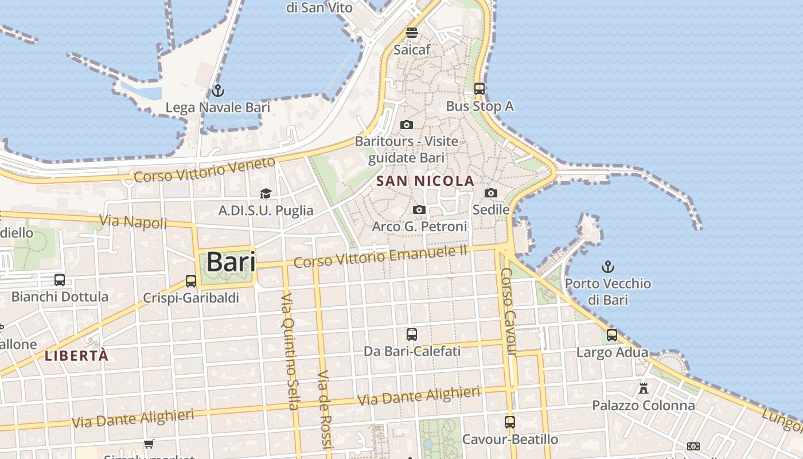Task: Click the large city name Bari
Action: pos(231,262)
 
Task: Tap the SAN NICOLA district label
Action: pos(425,181)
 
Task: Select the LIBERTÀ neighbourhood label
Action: pos(76,356)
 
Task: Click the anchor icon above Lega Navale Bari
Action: pos(217,91)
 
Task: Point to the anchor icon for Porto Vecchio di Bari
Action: pos(607,267)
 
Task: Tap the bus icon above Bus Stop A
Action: pos(480,89)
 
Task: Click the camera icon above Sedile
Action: pos(491,193)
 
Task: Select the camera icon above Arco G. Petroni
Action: pos(419,210)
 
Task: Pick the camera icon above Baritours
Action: pos(407,125)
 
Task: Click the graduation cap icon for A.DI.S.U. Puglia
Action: pos(266,194)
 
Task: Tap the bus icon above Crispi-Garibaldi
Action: pos(191,281)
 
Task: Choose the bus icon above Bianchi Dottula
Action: pos(60,280)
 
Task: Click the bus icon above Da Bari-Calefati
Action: pos(412,334)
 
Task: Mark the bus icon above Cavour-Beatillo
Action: pos(510,422)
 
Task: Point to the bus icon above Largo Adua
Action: pos(612,335)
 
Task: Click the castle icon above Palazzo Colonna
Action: pos(644,388)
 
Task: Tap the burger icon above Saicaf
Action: pos(411,33)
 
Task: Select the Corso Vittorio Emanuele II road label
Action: pos(381,256)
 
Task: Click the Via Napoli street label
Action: pos(133,221)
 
